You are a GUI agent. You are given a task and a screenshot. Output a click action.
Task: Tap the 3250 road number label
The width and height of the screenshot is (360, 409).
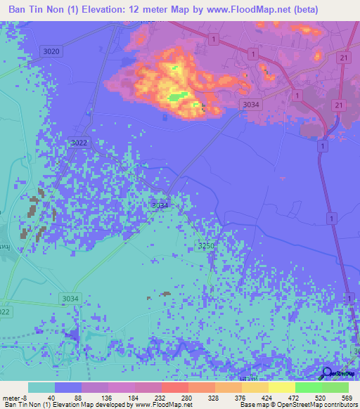click(205, 245)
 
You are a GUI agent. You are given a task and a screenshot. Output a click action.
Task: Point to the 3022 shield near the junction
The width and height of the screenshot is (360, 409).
click(79, 143)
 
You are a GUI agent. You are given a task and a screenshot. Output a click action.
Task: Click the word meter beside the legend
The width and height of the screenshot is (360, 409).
click(13, 397)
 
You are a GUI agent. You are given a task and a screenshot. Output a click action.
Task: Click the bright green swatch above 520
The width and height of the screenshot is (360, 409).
click(309, 387)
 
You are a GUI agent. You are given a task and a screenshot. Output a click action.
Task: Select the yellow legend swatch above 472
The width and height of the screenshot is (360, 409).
click(282, 387)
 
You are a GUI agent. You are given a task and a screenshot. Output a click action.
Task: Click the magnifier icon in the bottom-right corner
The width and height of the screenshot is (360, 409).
click(327, 373)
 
